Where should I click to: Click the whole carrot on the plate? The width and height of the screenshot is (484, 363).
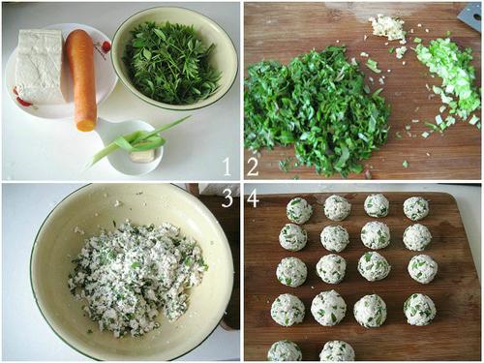click(81, 80)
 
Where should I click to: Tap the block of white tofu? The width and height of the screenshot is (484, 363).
click(41, 66)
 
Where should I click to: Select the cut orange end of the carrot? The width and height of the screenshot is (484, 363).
click(86, 125)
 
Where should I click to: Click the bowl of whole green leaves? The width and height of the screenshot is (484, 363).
click(174, 58)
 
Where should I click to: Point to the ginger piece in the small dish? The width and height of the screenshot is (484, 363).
click(142, 155)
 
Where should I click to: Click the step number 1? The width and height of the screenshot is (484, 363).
click(227, 166)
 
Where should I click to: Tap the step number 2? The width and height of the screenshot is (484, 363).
click(253, 166)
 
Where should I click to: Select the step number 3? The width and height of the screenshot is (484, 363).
click(227, 197)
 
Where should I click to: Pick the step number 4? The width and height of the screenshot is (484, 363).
click(253, 197)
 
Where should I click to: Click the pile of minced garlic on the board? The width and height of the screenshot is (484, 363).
click(387, 28)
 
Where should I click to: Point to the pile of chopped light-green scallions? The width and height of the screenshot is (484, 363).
click(448, 79)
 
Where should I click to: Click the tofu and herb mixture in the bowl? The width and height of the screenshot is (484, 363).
click(136, 278)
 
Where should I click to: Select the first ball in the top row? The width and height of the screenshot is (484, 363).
click(299, 210)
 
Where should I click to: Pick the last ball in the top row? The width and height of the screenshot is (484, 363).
click(416, 208)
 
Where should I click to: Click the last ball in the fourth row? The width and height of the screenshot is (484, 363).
click(420, 309)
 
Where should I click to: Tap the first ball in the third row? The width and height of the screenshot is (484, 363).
click(291, 272)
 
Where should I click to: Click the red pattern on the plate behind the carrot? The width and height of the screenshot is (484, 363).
click(103, 49)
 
